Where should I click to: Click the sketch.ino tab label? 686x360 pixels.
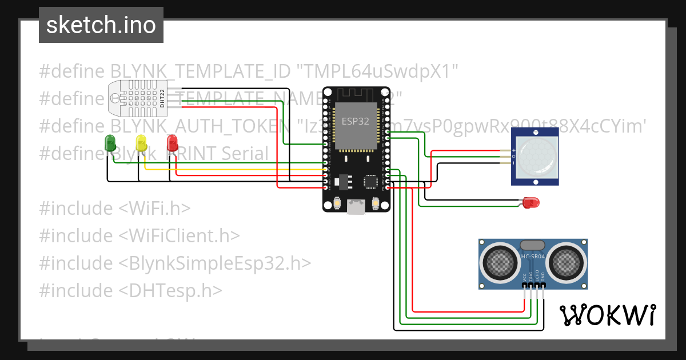click(x=101, y=25)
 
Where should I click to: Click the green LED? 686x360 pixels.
click(x=110, y=143)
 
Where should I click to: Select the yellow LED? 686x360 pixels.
click(x=141, y=143)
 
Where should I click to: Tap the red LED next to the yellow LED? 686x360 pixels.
click(x=171, y=143)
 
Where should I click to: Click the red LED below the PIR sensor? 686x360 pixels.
click(x=531, y=202)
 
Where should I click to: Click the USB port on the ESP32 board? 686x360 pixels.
click(x=356, y=207)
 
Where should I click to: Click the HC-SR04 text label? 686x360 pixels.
click(x=533, y=257)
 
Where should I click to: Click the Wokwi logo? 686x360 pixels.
click(x=607, y=315)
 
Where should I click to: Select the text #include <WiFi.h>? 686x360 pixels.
click(x=114, y=208)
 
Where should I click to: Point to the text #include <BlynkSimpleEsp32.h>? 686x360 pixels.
click(x=175, y=263)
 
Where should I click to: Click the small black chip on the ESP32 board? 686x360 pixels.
click(x=370, y=182)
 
